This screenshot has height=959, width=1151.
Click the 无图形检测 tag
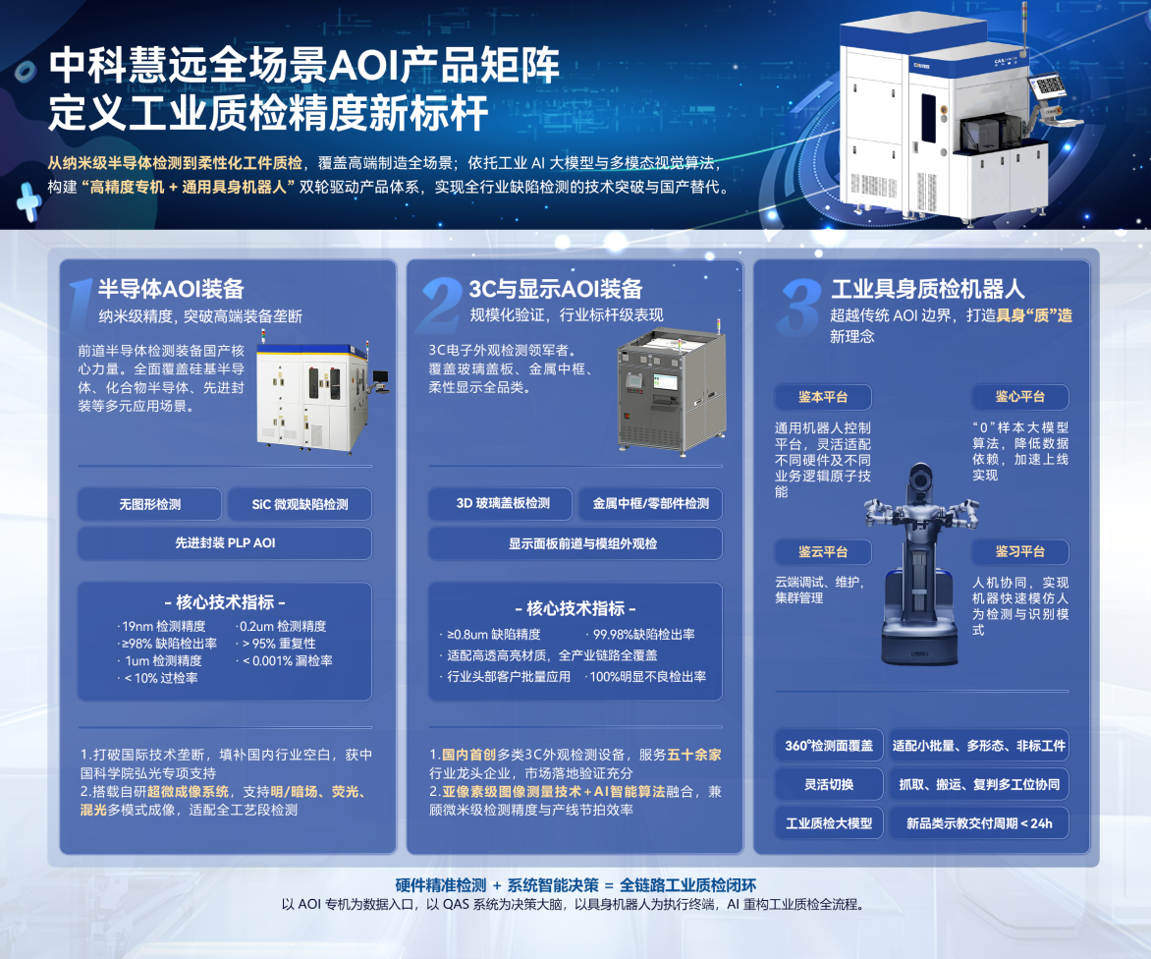tap(149, 504)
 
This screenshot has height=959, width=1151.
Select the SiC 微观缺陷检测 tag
tap(300, 504)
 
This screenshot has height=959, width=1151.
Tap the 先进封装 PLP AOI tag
tap(225, 543)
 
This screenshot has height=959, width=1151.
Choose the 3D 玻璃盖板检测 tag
tap(503, 504)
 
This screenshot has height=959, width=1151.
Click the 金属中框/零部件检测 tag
tap(650, 504)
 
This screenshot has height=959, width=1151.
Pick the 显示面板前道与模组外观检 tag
tap(575, 544)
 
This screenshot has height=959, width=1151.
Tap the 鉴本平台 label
tap(823, 397)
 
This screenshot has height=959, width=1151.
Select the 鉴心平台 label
tap(1020, 397)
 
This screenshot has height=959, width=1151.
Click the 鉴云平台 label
tap(823, 552)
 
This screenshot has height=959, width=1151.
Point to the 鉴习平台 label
tap(1020, 552)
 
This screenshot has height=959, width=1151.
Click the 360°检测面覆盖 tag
tap(829, 746)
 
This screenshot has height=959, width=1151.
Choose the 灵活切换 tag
tap(829, 785)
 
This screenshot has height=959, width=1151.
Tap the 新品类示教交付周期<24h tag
tap(979, 823)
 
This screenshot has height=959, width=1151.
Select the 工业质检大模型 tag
tap(829, 823)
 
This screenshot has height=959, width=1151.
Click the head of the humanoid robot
tap(920, 483)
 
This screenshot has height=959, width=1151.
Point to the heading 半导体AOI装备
tap(171, 289)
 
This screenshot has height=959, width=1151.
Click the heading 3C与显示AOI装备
tap(556, 289)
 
